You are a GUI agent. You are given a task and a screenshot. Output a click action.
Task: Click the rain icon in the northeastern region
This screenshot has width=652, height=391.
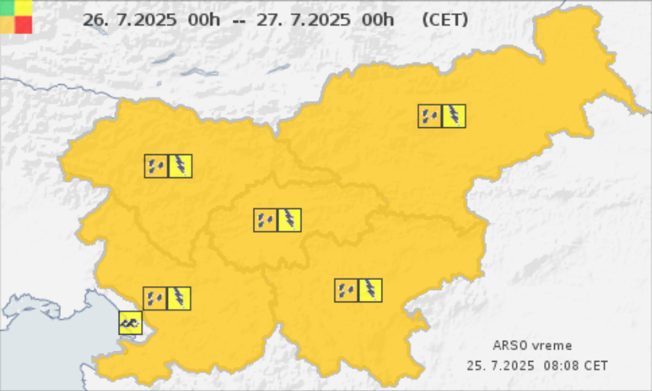tap(430, 116)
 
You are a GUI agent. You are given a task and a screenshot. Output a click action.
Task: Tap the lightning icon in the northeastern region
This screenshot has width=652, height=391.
tap(454, 116)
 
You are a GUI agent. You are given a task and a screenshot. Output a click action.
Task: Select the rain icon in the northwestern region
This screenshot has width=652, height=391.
tap(156, 166)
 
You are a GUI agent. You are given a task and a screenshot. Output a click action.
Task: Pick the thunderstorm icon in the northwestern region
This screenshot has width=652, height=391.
tap(180, 166)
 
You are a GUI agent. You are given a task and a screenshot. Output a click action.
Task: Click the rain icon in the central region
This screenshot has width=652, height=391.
tap(266, 220)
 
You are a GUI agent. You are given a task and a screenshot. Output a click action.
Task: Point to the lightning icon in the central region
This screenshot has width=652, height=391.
tap(290, 220)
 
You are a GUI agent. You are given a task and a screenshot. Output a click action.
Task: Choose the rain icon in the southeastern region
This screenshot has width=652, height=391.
tap(346, 290)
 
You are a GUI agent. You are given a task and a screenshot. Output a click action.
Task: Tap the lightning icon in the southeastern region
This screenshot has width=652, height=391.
tap(371, 290)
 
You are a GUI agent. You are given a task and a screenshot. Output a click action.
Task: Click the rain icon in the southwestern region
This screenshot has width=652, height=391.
tap(155, 298)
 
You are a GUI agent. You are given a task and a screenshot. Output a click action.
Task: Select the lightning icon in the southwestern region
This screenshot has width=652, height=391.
tap(179, 298)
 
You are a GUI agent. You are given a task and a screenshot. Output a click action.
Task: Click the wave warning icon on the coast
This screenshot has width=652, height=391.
tap(130, 322)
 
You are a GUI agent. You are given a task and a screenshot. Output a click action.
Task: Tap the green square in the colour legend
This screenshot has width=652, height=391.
tap(8, 8)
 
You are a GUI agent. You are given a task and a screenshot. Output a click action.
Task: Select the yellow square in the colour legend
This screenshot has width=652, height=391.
tap(24, 8)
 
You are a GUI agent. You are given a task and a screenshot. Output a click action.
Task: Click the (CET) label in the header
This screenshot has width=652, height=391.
tap(445, 20)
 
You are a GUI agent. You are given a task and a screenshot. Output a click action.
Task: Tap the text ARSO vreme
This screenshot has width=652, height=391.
tap(533, 345)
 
